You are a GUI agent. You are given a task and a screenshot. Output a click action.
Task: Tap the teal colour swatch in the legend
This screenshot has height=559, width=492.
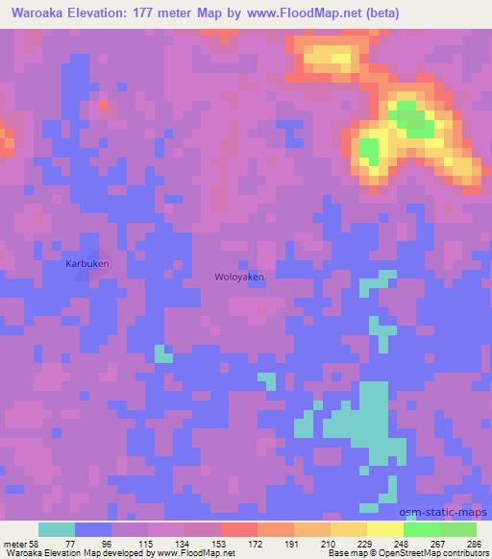[57, 529]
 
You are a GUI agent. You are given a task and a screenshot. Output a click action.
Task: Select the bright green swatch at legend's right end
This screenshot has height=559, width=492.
[458, 529]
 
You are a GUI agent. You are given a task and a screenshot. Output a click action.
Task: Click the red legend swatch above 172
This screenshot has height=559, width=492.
[239, 529]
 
